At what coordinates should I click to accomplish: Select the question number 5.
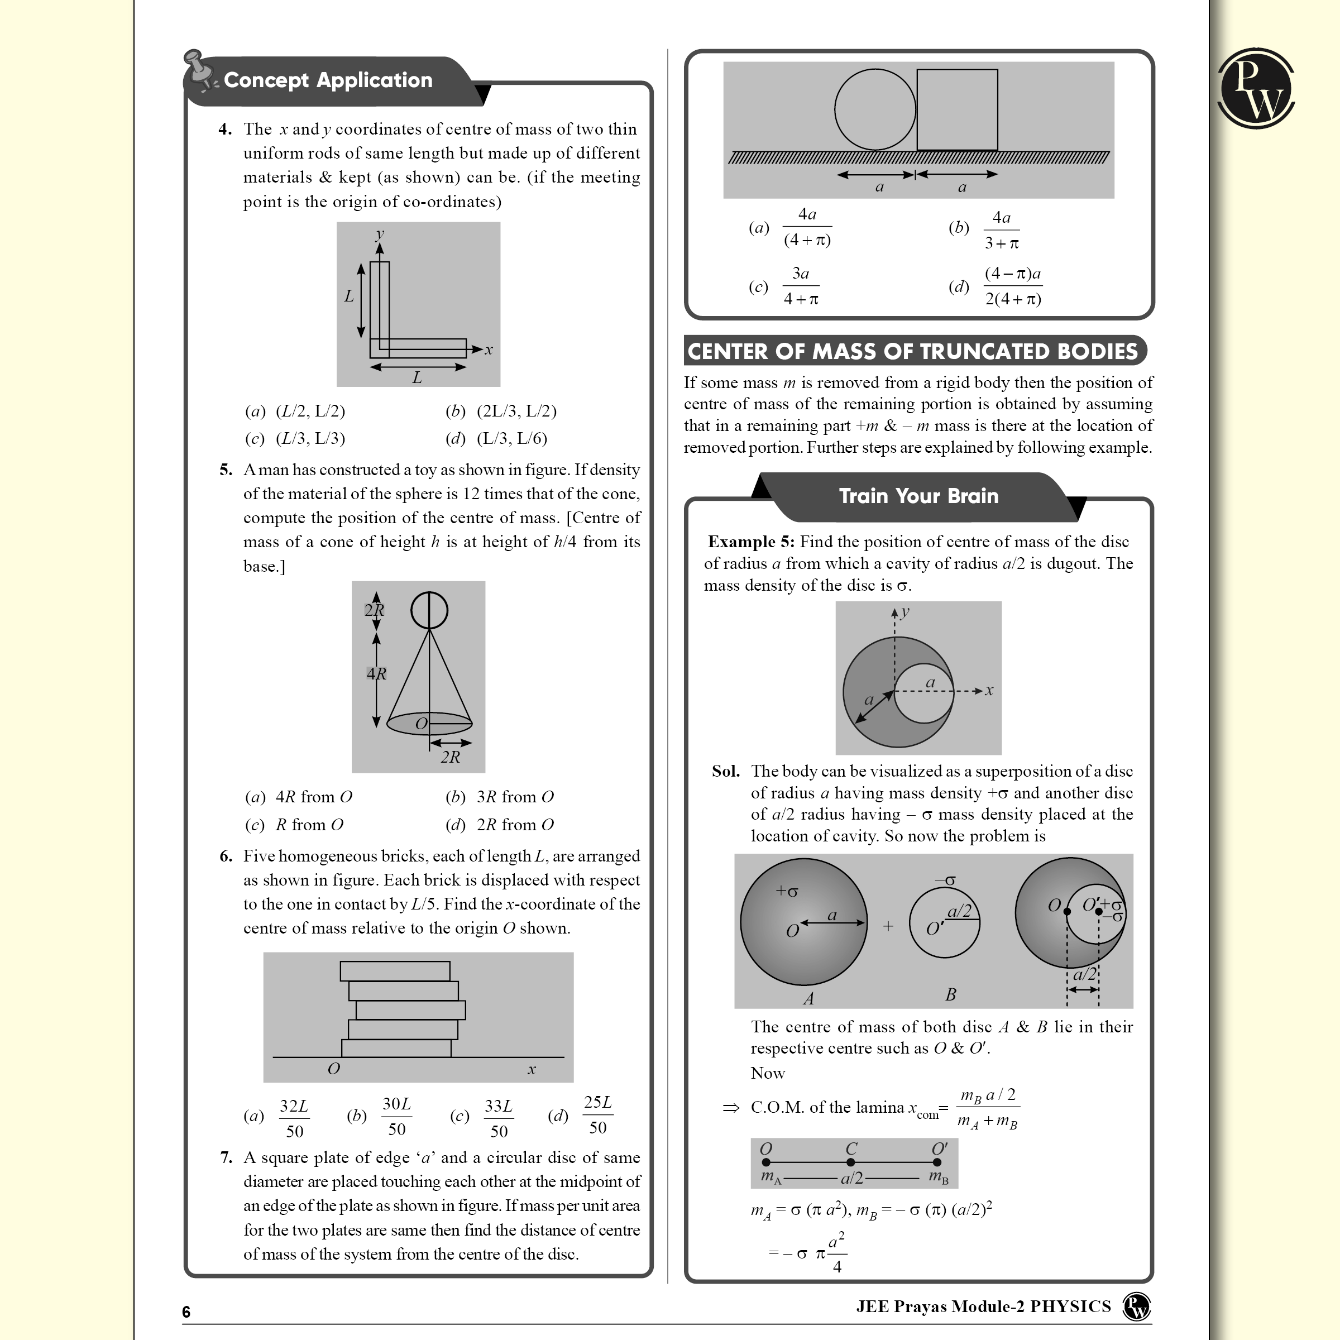(x=226, y=470)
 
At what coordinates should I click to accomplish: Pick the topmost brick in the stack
(x=395, y=970)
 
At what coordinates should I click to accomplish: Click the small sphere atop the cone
(x=429, y=610)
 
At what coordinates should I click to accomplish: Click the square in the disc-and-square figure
(x=956, y=109)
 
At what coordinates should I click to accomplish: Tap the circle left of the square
(x=874, y=109)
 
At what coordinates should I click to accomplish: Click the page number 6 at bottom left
(x=186, y=1312)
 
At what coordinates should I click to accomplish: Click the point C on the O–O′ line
(x=850, y=1162)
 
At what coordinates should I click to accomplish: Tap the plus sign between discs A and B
(x=888, y=926)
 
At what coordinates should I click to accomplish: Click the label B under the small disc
(x=950, y=994)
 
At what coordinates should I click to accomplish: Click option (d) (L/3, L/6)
(x=496, y=438)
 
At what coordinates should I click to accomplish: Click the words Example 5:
(x=750, y=542)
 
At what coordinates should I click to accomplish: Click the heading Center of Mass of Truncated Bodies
(x=913, y=351)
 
